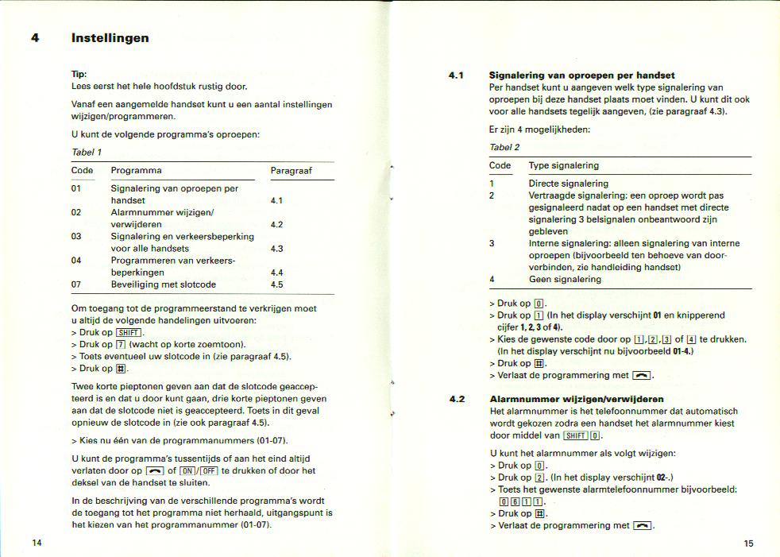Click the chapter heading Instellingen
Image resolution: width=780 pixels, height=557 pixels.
[110, 38]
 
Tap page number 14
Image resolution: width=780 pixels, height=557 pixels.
[37, 543]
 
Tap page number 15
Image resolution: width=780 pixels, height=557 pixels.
[748, 543]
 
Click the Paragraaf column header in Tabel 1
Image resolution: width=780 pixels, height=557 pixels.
[291, 171]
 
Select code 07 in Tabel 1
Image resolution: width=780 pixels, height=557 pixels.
[76, 284]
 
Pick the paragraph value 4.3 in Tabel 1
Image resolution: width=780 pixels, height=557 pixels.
[276, 249]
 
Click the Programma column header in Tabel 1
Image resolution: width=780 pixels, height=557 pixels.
[136, 171]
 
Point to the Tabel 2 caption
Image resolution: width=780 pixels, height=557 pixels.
[504, 148]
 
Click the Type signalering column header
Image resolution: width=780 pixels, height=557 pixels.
[563, 165]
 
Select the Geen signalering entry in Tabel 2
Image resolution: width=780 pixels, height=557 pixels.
[565, 280]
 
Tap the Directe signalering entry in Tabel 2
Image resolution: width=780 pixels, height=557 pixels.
[568, 184]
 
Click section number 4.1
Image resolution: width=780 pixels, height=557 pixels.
[456, 75]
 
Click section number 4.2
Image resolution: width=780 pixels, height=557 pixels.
[456, 399]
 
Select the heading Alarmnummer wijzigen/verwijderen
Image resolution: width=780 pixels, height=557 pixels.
[577, 399]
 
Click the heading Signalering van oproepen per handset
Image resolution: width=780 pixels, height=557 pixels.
[582, 75]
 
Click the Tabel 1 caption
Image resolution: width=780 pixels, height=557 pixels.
[87, 152]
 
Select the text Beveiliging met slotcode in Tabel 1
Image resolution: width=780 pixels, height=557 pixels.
[163, 284]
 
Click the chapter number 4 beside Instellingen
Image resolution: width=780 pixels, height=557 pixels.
[35, 38]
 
